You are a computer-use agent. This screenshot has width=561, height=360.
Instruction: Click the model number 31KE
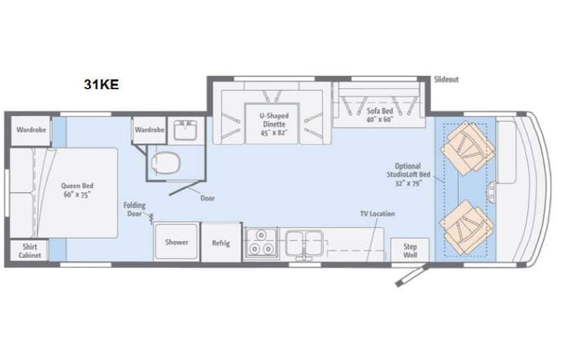click(101, 84)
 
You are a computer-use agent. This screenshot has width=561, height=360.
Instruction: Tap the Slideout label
click(446, 79)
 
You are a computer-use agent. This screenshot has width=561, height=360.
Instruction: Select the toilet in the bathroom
click(166, 163)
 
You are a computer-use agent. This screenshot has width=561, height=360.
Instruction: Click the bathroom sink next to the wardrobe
click(185, 130)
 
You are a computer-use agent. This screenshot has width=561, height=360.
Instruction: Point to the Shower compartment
click(177, 242)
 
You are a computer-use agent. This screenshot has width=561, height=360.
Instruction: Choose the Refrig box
click(221, 243)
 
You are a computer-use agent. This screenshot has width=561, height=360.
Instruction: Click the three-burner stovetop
click(260, 243)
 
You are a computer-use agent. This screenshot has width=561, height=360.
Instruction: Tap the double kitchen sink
click(305, 243)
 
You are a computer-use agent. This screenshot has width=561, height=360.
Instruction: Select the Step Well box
click(410, 250)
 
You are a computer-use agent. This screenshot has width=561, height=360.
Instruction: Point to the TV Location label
click(378, 213)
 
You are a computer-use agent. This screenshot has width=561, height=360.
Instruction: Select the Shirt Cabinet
click(30, 250)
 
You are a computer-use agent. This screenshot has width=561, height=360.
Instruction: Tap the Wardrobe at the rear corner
click(31, 130)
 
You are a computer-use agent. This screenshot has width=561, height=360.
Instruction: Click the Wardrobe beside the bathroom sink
click(150, 130)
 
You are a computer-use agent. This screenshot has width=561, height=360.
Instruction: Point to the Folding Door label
click(134, 210)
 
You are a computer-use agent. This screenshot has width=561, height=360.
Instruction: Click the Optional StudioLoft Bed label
click(408, 175)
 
